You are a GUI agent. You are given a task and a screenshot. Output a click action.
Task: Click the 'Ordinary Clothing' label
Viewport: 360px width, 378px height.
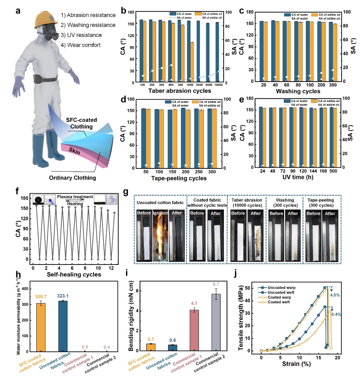[72, 178]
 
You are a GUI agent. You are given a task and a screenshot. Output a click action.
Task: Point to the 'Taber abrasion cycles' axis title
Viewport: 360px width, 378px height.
[180, 91]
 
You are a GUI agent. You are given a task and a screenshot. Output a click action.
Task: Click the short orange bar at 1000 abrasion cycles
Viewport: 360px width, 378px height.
[192, 62]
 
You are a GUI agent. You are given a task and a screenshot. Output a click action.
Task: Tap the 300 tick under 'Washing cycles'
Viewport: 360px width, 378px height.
[333, 85]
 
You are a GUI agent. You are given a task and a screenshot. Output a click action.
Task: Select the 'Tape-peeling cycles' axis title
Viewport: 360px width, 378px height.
[179, 178]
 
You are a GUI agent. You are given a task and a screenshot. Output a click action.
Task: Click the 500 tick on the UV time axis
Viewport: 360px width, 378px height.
[333, 171]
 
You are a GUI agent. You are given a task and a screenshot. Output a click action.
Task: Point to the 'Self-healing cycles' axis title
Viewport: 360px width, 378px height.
[74, 275]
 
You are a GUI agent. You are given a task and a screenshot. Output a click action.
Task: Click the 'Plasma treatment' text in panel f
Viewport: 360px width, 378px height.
[75, 197]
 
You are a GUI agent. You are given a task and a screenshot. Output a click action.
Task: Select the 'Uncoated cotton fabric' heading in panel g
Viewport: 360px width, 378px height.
[160, 203]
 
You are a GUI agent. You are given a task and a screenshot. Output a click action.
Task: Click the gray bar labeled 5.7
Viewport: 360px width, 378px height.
[216, 322]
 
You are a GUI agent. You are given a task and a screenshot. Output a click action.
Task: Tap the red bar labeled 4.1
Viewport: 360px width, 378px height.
[194, 330]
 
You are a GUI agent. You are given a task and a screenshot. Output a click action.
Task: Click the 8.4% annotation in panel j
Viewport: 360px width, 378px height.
[336, 314]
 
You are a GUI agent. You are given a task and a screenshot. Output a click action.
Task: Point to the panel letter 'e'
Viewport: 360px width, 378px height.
[242, 100]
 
